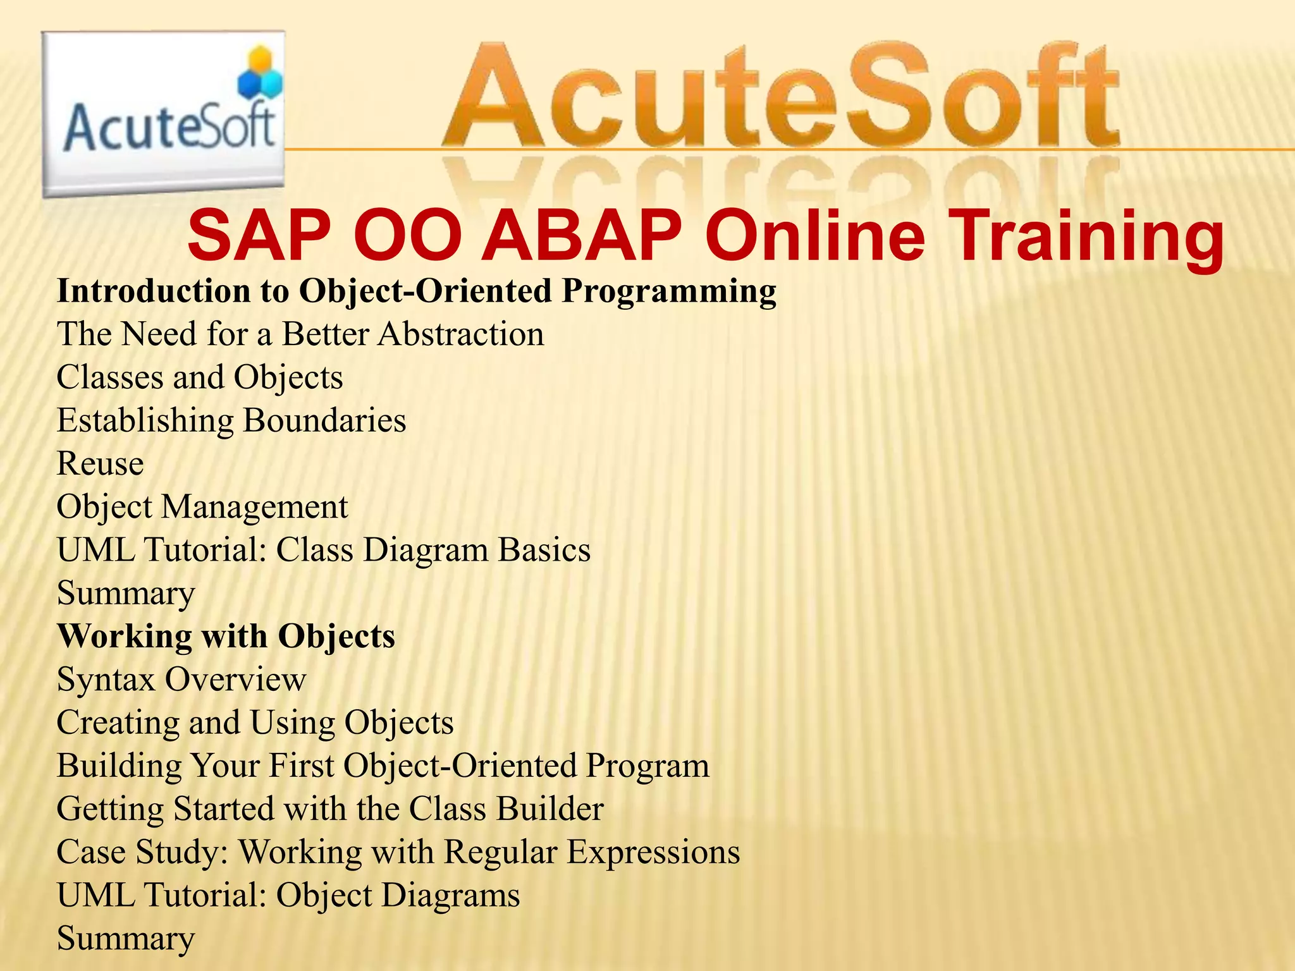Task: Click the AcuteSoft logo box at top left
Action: (163, 114)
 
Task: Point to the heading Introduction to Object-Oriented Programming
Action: (416, 291)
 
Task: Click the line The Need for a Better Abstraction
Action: (300, 334)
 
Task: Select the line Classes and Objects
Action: (200, 377)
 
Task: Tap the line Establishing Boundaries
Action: (231, 420)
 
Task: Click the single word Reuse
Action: (100, 463)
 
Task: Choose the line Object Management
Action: (202, 507)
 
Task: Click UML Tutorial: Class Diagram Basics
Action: (324, 550)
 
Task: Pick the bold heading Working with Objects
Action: (226, 636)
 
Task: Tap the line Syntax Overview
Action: (181, 680)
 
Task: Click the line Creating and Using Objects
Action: (255, 723)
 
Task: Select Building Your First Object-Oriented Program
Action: (383, 766)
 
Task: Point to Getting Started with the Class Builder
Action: (330, 809)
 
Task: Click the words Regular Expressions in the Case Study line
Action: (591, 852)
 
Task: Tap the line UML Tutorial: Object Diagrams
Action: (288, 895)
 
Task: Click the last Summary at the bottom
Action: (126, 938)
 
